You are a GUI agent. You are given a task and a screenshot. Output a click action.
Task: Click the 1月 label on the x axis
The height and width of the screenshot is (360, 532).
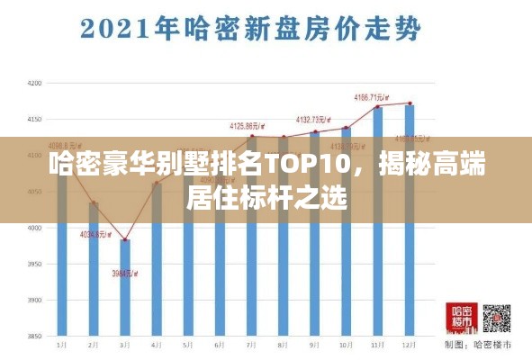(62, 346)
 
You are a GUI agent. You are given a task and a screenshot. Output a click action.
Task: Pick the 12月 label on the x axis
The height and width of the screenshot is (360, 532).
(409, 346)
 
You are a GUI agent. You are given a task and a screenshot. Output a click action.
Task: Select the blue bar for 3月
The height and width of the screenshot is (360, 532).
(125, 288)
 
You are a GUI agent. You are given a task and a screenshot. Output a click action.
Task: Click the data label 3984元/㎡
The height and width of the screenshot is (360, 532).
(125, 274)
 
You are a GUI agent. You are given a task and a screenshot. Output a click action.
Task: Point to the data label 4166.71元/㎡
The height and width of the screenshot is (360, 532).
(372, 96)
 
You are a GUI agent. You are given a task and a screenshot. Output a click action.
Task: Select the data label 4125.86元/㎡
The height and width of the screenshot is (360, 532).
(248, 126)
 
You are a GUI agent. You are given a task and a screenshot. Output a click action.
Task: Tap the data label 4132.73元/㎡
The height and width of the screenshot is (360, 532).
(315, 119)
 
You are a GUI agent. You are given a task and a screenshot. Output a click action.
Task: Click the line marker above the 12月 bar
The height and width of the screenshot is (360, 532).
(410, 103)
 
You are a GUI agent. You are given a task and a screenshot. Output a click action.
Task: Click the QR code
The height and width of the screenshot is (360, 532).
(496, 320)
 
